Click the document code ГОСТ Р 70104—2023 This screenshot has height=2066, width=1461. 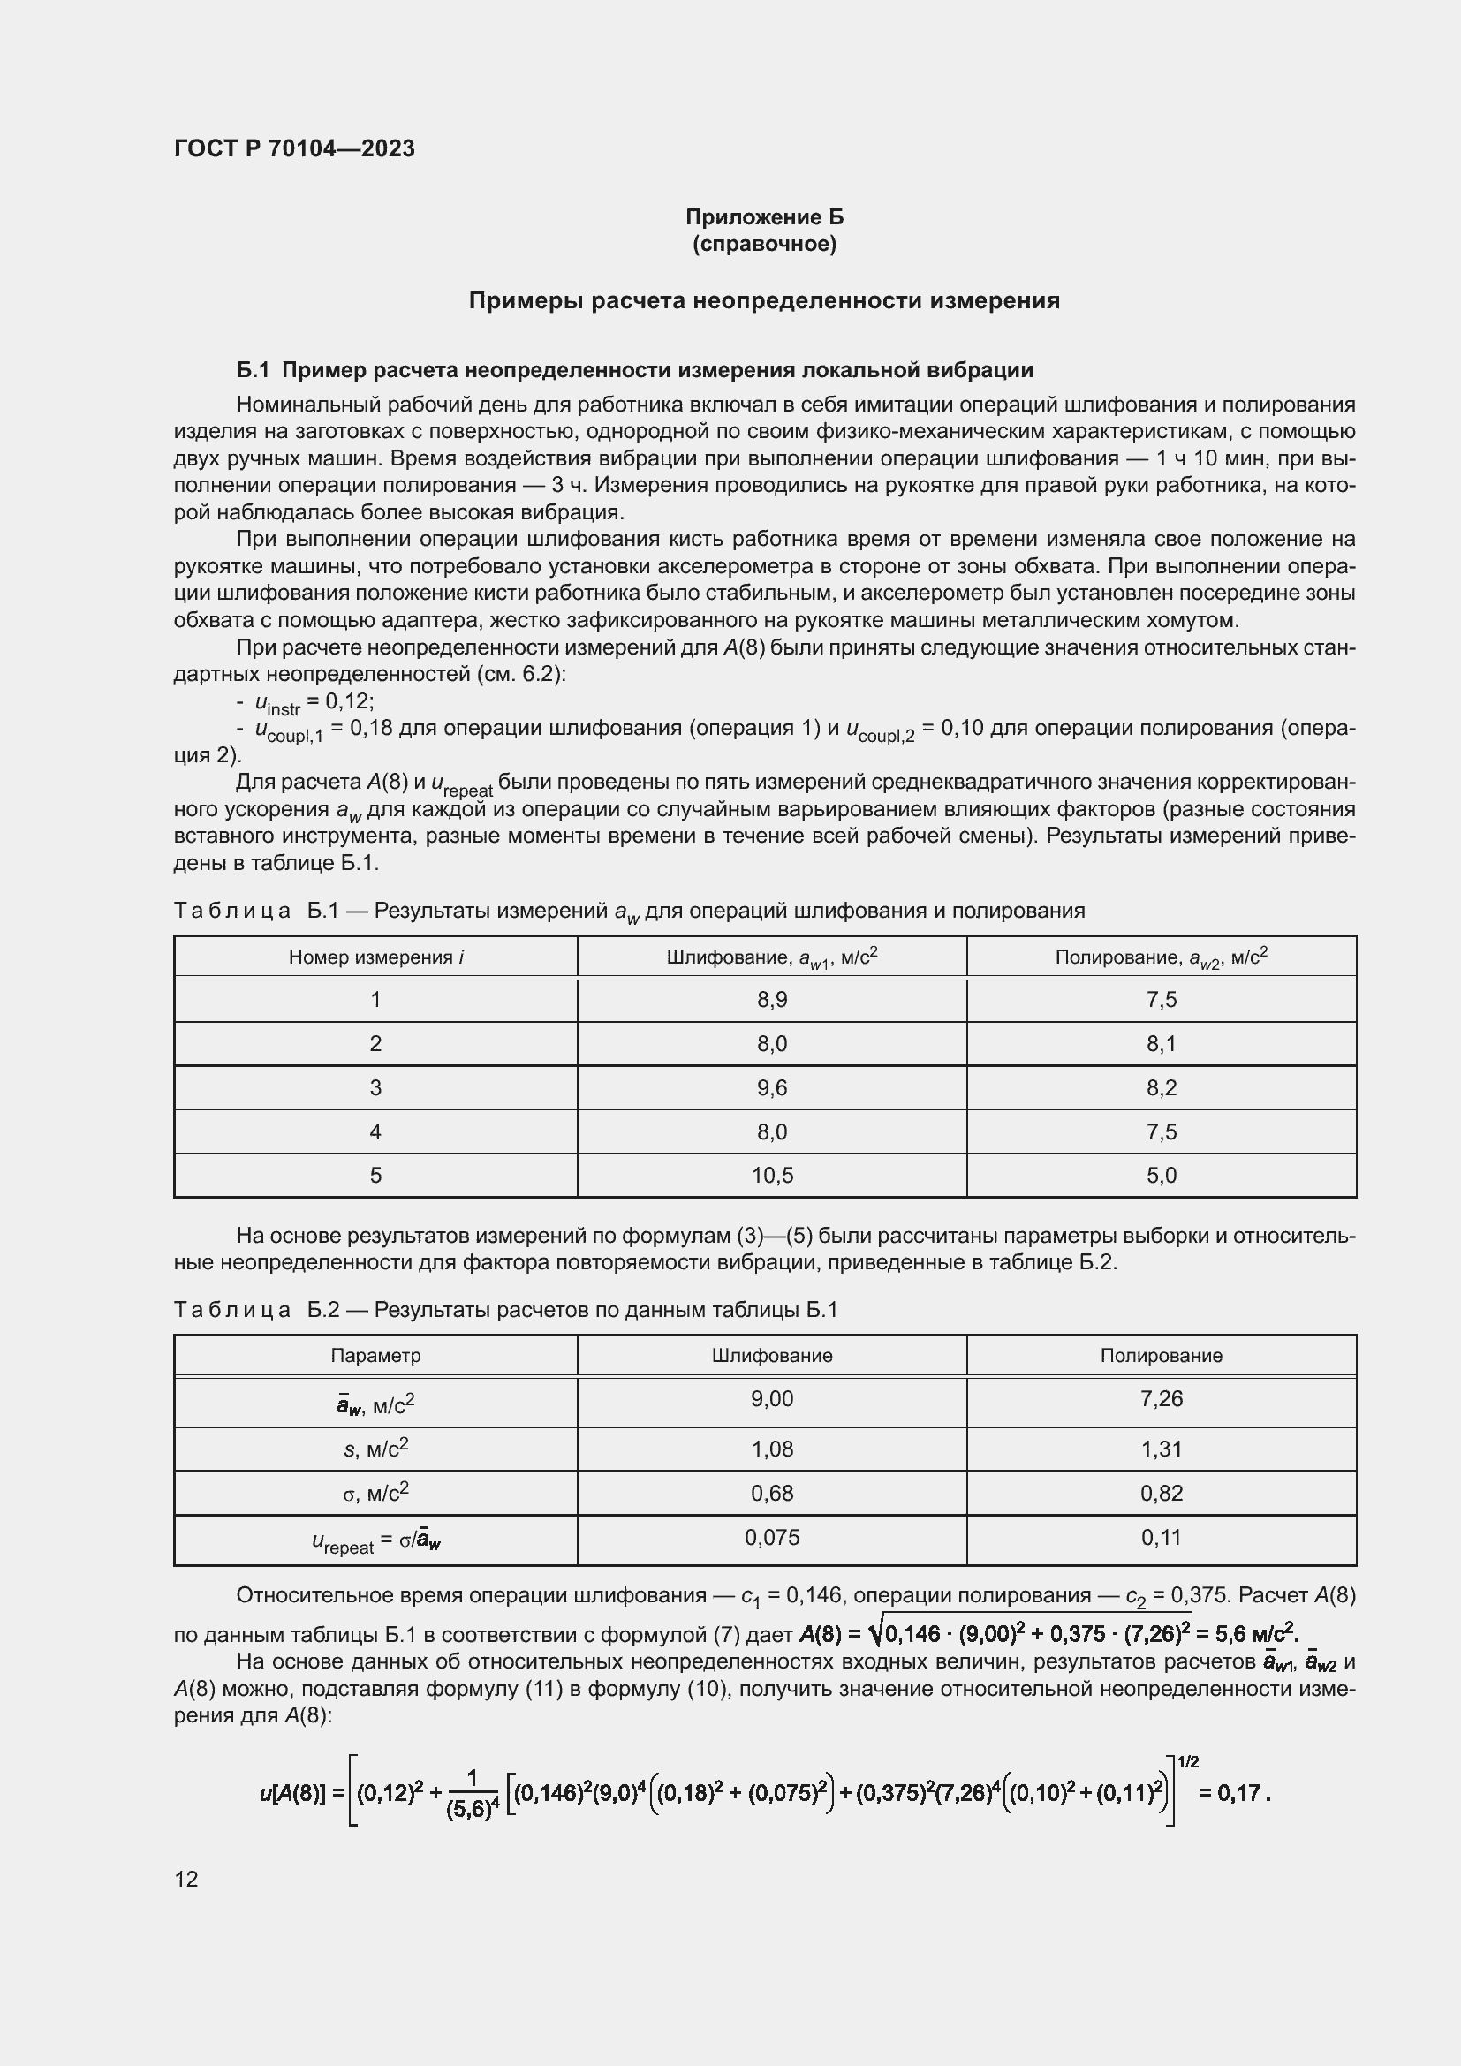coord(294,148)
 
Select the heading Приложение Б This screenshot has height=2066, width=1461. coord(764,217)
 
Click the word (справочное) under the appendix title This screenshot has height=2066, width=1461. coord(764,244)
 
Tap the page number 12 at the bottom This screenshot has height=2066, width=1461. coord(186,1879)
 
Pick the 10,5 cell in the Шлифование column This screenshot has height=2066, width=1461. coord(772,1175)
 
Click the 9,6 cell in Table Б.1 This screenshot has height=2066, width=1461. coord(772,1088)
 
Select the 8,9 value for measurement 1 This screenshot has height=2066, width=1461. coord(772,1000)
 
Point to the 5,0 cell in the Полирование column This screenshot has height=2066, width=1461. coord(1161,1175)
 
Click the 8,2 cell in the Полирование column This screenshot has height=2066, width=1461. coord(1161,1088)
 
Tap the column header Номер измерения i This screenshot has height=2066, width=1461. coord(376,957)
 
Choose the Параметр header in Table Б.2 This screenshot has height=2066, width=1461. coord(376,1355)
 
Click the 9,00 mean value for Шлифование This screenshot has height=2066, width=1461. coord(772,1398)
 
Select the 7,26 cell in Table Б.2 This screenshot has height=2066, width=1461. coord(1161,1398)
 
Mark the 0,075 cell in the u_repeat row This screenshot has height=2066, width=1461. coord(772,1538)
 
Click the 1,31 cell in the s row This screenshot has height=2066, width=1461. coord(1161,1449)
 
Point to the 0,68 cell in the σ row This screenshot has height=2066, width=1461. coord(772,1494)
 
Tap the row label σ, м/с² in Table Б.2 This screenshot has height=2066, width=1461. coord(376,1494)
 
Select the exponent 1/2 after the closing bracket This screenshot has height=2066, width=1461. coord(1187,1762)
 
